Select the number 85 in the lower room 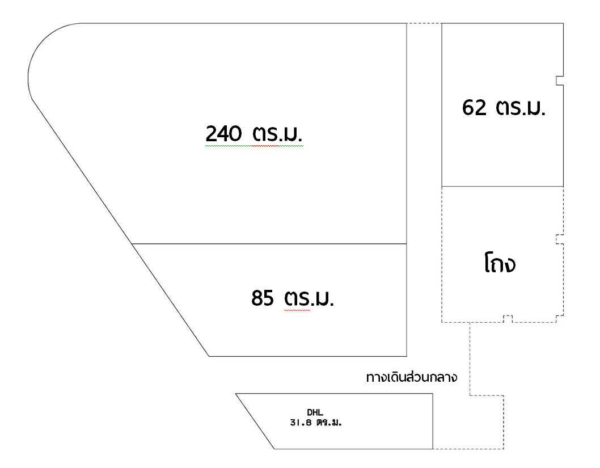coord(263,297)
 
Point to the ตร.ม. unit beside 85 coord(309,298)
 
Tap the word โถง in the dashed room coord(500,264)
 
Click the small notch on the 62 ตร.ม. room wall coord(560,81)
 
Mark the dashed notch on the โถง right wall coord(559,239)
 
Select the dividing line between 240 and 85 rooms coord(269,244)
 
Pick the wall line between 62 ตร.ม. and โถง coord(502,187)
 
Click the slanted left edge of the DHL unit coord(255,421)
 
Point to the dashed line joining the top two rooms coord(424,23)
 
